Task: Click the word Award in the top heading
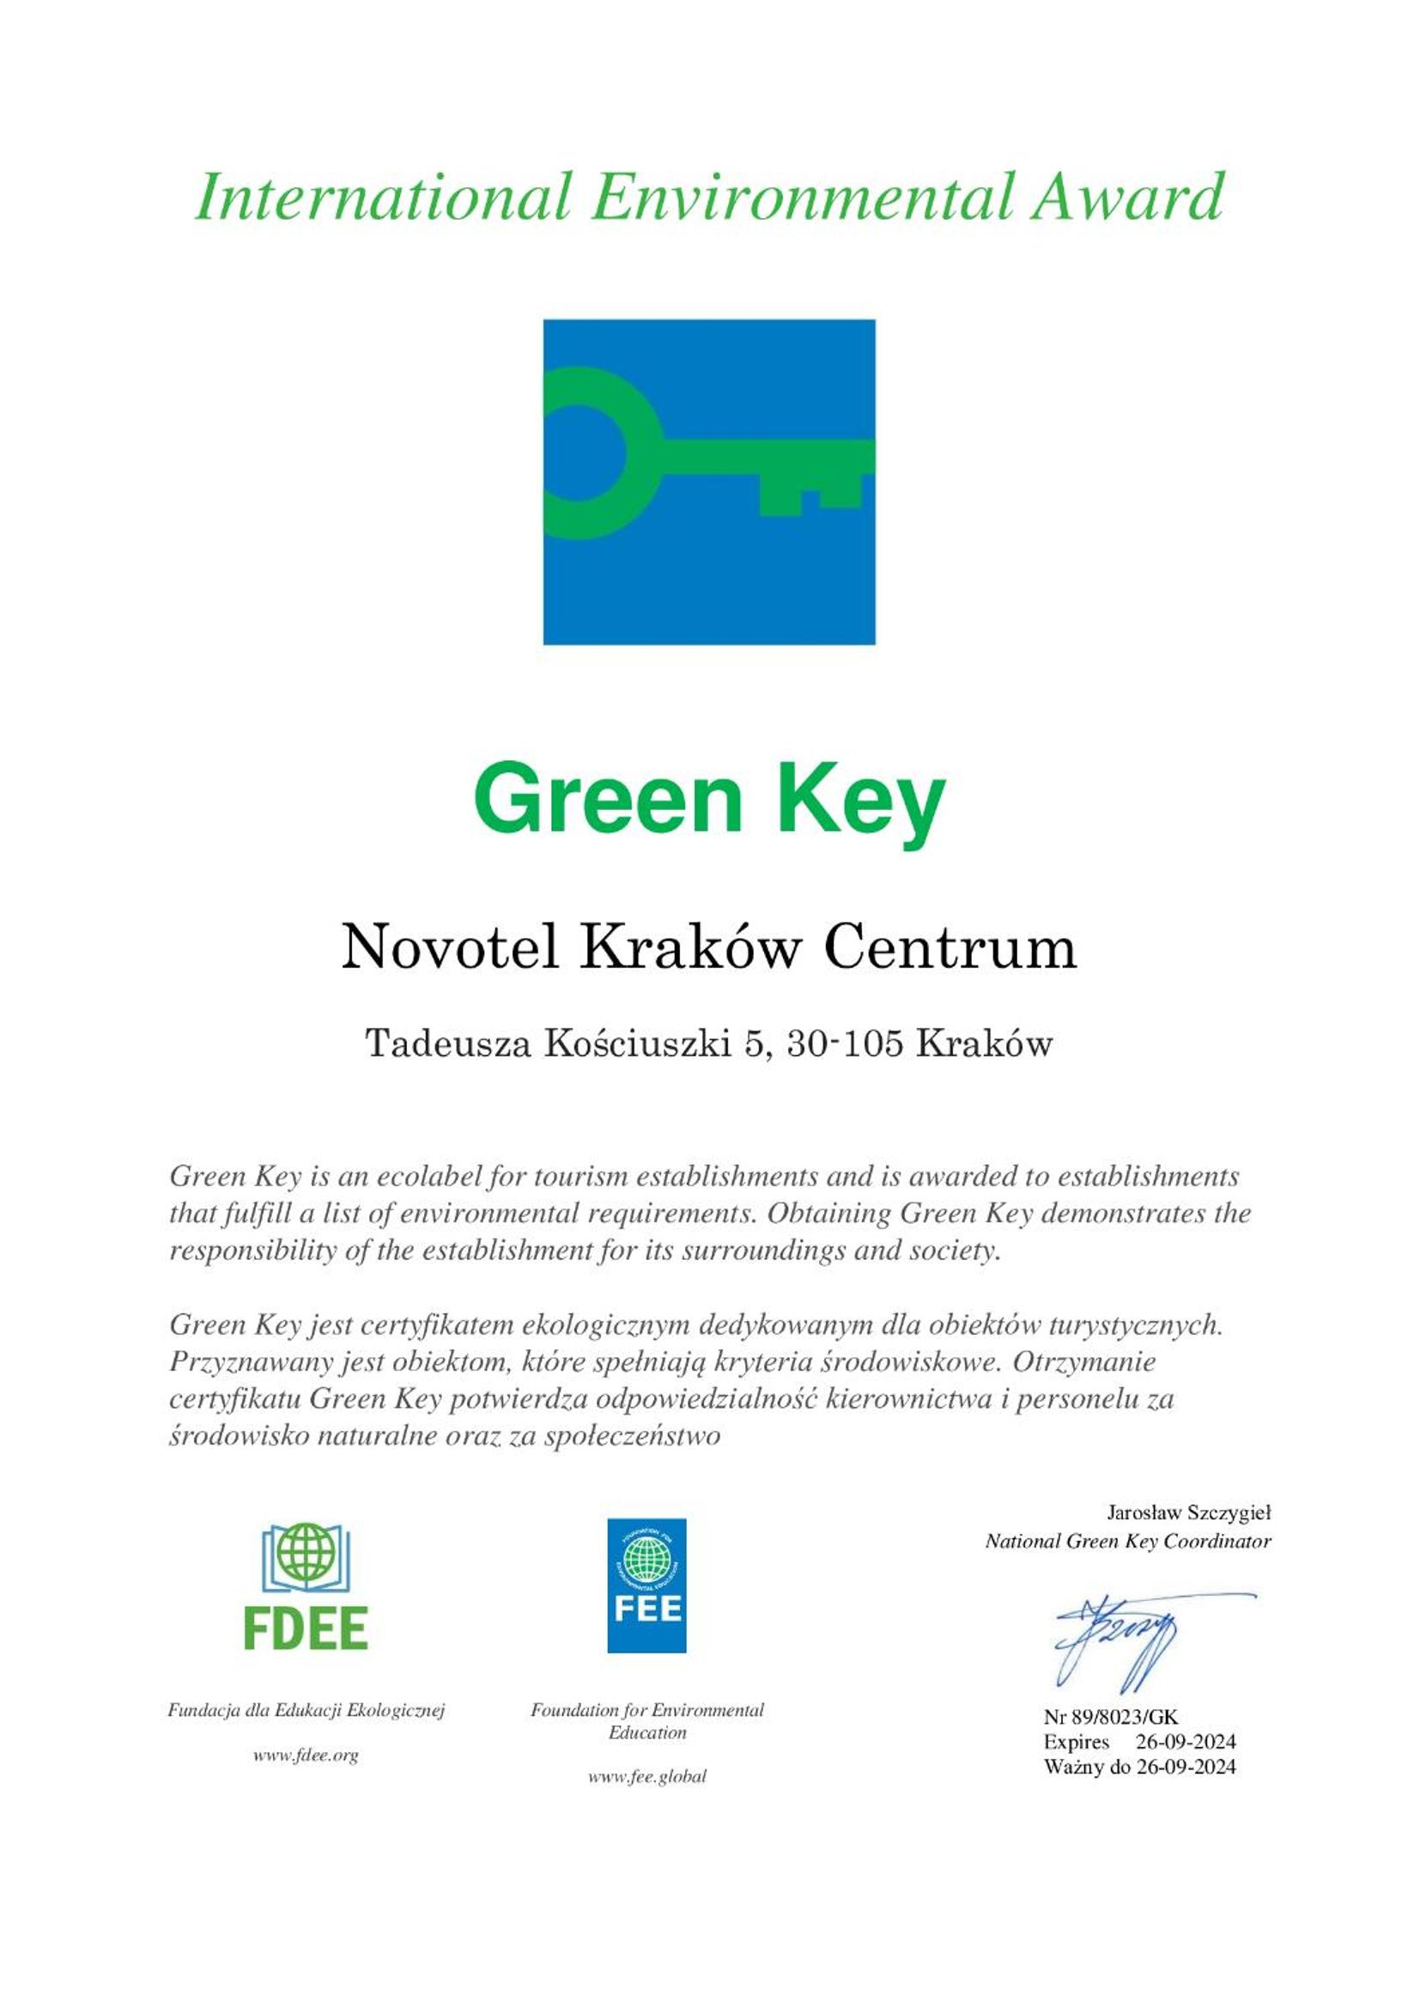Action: click(x=1126, y=197)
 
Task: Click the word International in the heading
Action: click(x=383, y=197)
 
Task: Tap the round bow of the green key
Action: click(x=584, y=453)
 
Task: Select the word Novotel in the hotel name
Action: click(x=451, y=948)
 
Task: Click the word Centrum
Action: click(x=950, y=948)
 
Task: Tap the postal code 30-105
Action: click(x=844, y=1044)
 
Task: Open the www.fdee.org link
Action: click(x=306, y=1755)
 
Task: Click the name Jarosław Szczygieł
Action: click(x=1188, y=1512)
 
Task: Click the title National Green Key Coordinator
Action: click(x=1128, y=1541)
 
